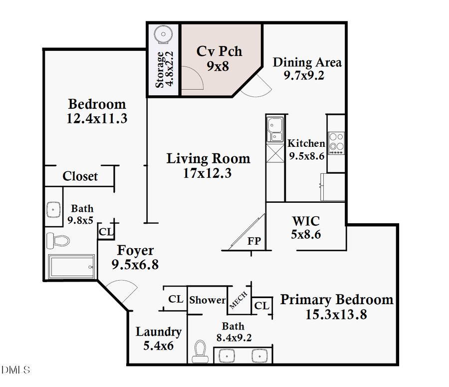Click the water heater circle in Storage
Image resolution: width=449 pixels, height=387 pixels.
point(163,34)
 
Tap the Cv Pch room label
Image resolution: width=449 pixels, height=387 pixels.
point(219,51)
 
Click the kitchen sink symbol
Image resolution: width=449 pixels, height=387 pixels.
point(274,129)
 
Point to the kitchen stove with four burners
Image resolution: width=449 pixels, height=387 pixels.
point(336,142)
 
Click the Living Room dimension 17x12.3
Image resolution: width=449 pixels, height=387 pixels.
point(208,173)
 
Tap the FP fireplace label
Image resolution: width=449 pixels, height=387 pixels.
point(254,241)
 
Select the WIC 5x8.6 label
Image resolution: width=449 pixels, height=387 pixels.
point(306,226)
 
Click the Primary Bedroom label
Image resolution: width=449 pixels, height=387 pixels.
point(337,300)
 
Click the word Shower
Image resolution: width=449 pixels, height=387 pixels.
point(207,300)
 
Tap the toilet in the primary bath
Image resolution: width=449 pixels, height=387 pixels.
point(200,352)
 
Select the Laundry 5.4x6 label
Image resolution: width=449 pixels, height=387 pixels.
point(159,338)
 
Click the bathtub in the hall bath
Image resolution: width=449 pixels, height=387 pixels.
point(71,267)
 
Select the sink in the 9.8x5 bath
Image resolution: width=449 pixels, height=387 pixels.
point(53,210)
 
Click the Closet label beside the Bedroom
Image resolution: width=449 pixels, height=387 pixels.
point(80,176)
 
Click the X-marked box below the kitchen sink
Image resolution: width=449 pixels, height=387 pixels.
point(274,153)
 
